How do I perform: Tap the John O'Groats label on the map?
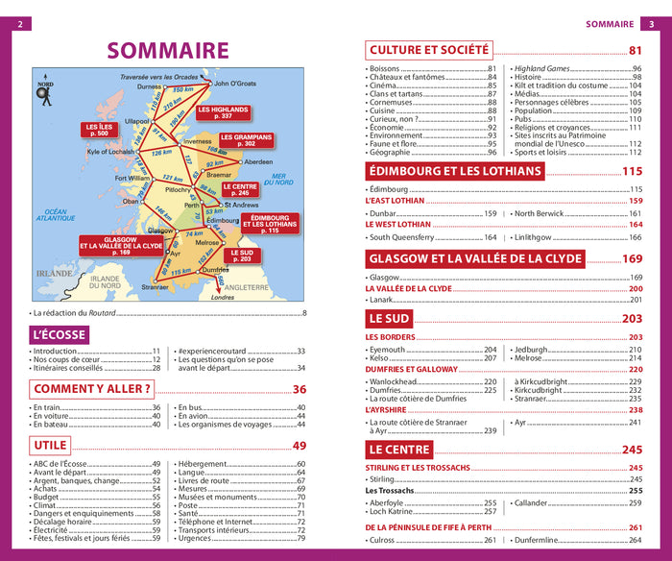pos(235,84)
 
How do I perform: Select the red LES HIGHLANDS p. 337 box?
pos(223,112)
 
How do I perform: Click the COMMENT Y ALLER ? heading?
pos(93,389)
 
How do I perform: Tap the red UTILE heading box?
pos(51,445)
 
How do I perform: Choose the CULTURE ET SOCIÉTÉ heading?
pos(429,50)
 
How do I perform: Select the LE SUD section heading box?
pos(389,318)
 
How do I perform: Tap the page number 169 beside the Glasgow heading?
pos(632,258)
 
